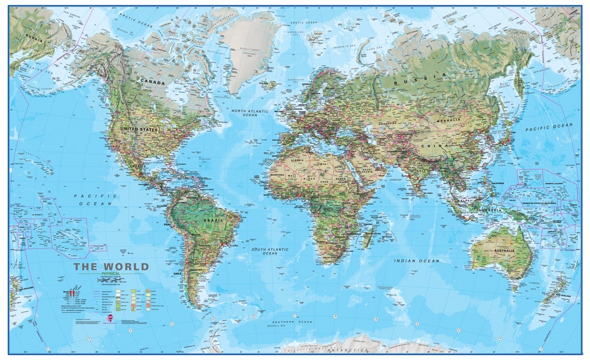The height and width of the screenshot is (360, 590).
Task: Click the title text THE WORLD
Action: (x=111, y=267)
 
